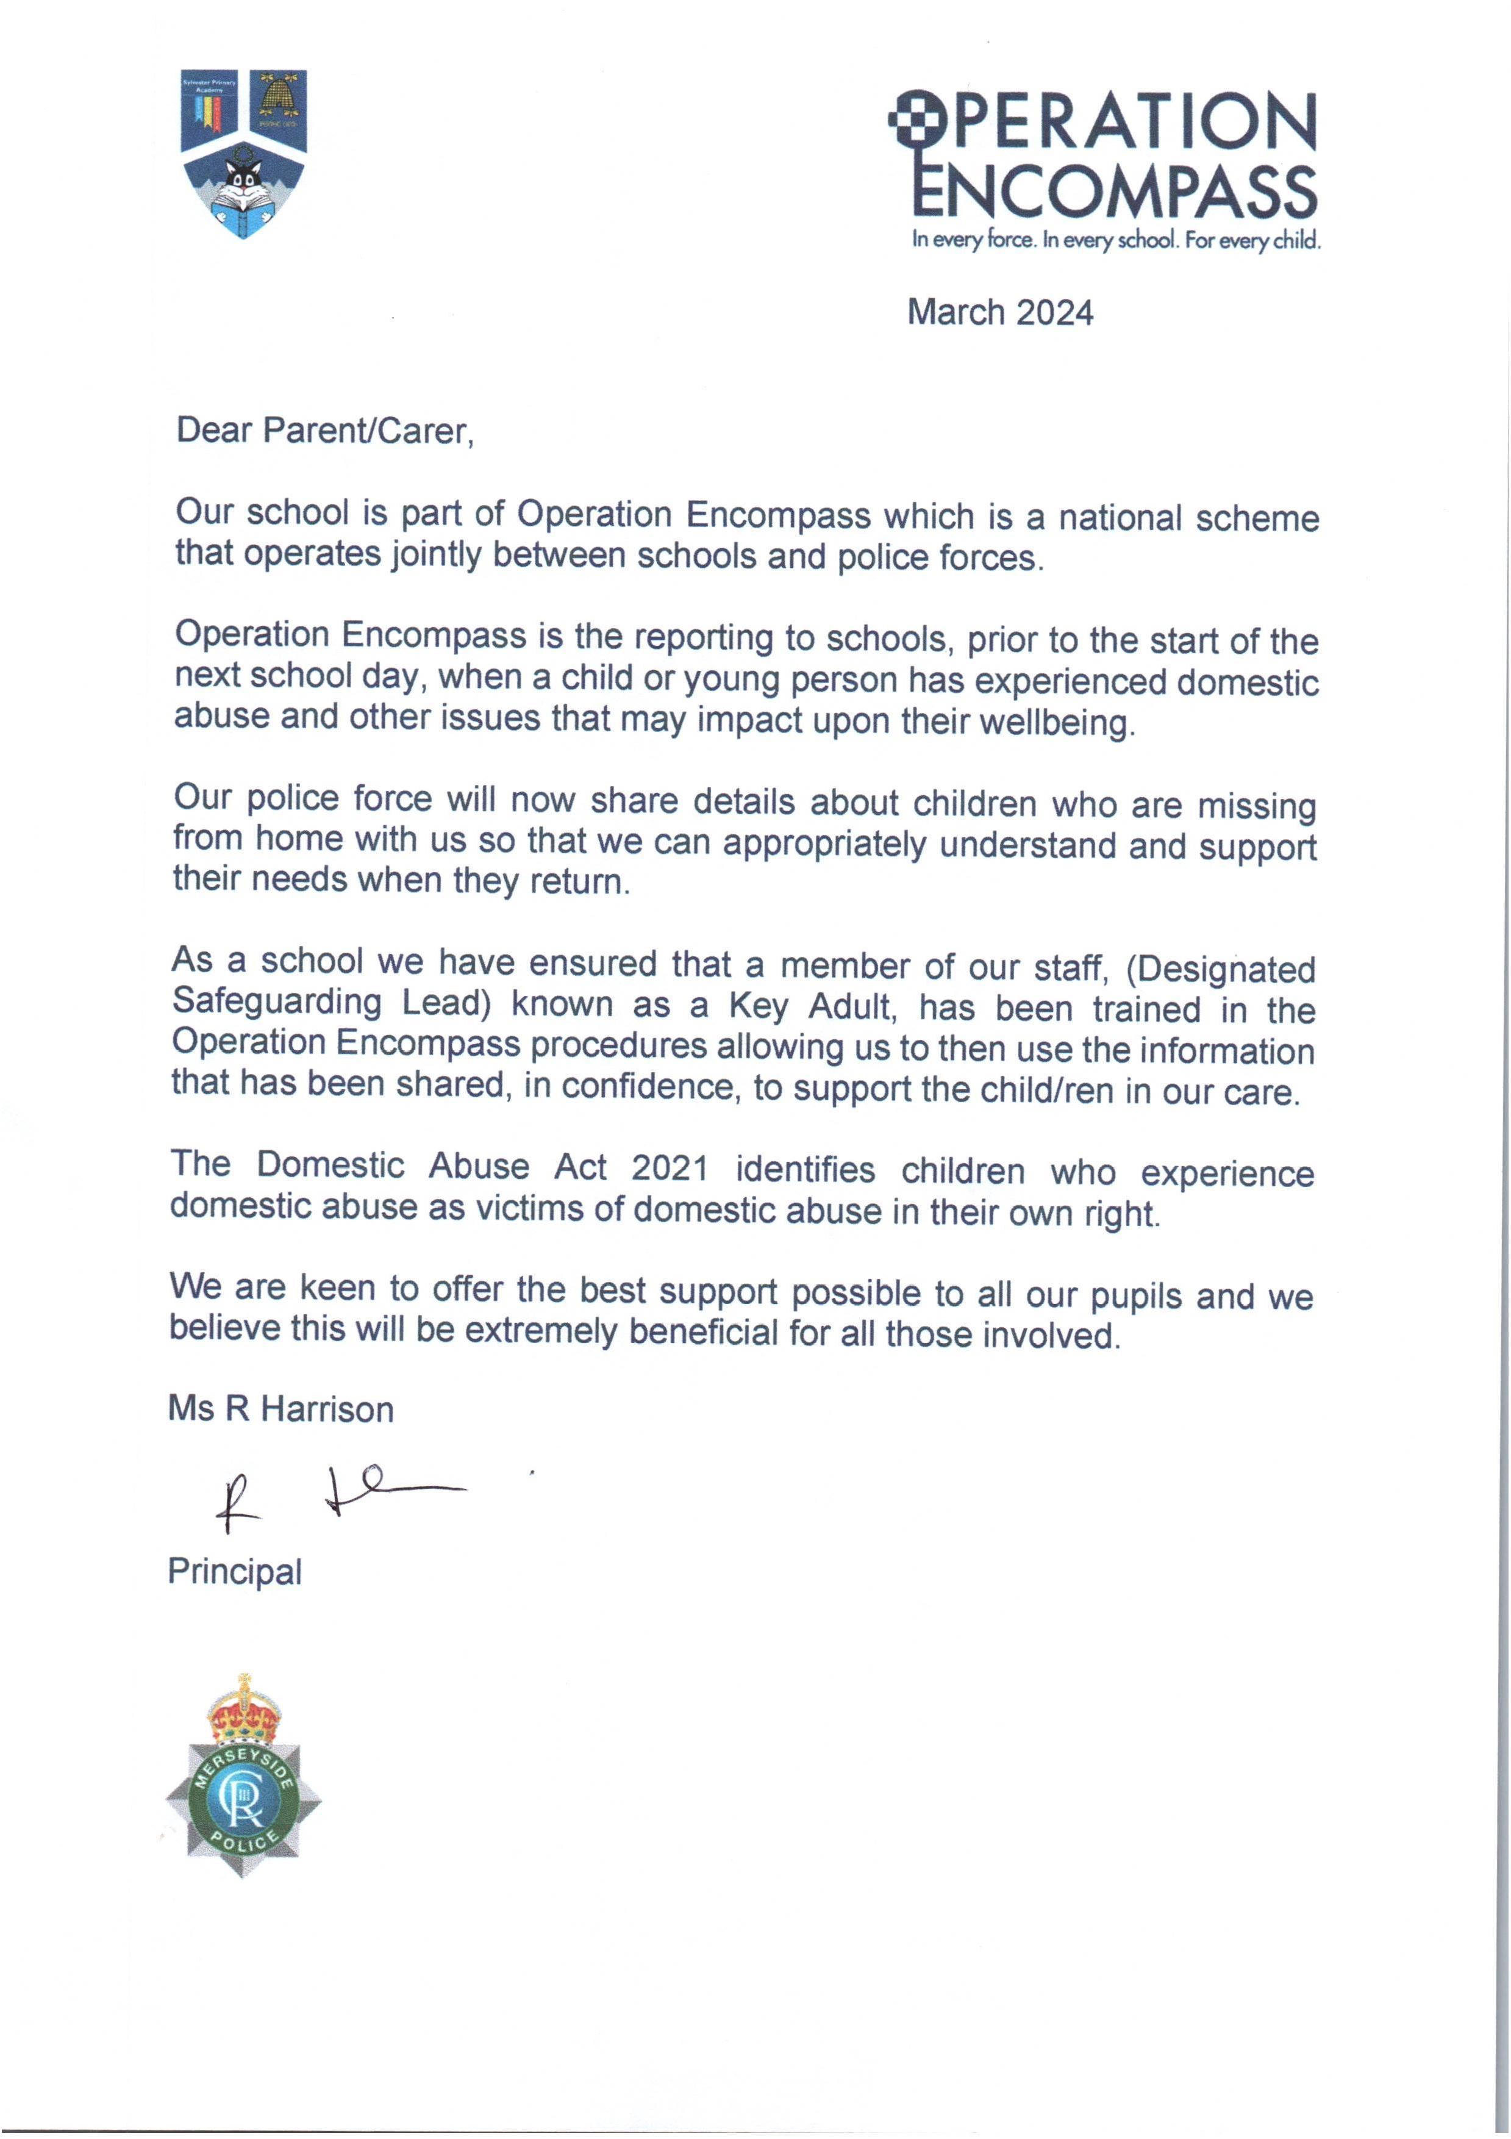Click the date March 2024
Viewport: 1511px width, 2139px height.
(x=999, y=312)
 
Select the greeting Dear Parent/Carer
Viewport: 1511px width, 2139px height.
(x=325, y=431)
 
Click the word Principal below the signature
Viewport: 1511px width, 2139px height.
(x=235, y=1572)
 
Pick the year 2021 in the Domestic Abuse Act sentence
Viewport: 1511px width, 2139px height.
(x=670, y=1167)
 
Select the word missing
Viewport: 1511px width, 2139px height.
(x=1256, y=806)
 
